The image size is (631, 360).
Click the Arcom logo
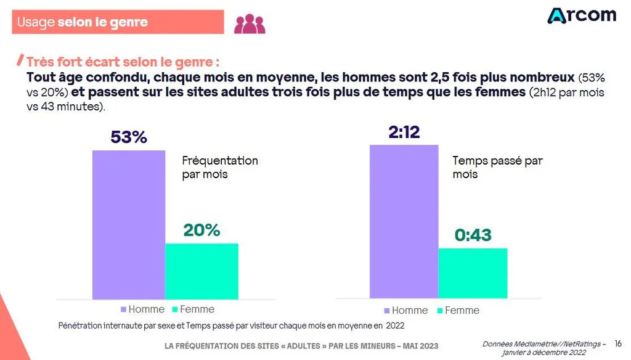click(582, 15)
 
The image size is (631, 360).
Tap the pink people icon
click(250, 24)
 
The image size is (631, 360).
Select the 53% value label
click(129, 137)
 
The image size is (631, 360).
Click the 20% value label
click(202, 231)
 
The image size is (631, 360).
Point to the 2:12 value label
click(404, 132)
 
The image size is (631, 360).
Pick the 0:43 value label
click(473, 235)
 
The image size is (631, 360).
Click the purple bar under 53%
click(129, 225)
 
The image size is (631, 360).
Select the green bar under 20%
click(202, 271)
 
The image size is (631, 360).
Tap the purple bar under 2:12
click(404, 221)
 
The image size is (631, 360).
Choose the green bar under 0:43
click(473, 274)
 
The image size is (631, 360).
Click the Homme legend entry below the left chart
click(143, 309)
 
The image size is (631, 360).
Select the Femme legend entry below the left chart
click(193, 309)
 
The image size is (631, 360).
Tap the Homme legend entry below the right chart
click(406, 311)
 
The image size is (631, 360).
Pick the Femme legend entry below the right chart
click(458, 311)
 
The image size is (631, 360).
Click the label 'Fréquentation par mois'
click(220, 168)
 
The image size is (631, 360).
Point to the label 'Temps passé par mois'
click(498, 168)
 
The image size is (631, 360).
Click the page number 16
click(618, 343)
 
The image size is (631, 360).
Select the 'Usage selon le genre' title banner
click(118, 22)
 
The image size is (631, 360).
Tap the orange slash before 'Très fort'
click(20, 60)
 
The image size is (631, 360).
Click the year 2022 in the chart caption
click(395, 325)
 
